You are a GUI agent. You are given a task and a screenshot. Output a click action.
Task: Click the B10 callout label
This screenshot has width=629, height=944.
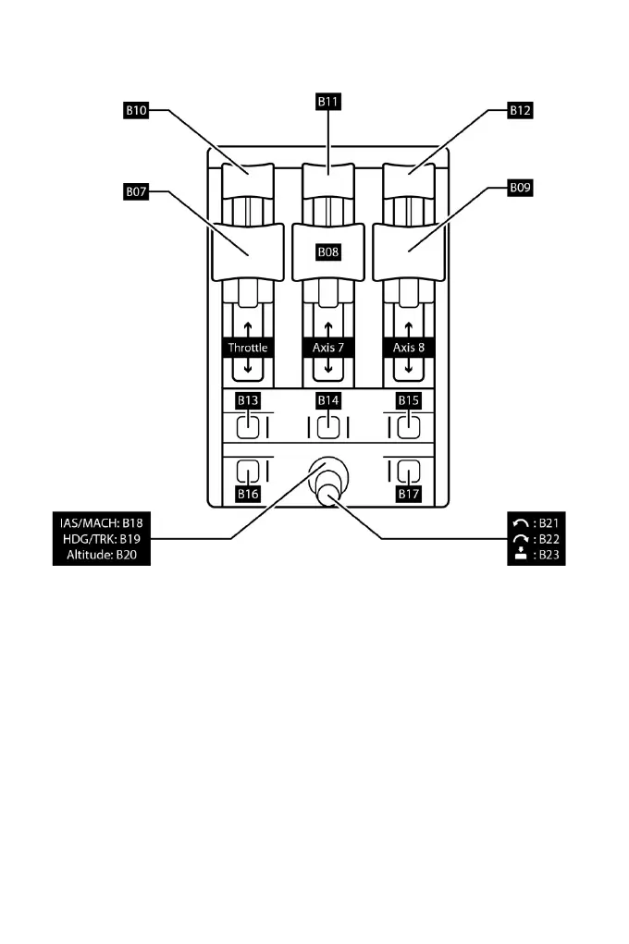(136, 109)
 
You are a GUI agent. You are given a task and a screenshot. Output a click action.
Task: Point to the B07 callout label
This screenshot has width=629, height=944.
(136, 192)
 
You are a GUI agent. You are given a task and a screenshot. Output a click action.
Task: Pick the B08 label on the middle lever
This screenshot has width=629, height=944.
(328, 251)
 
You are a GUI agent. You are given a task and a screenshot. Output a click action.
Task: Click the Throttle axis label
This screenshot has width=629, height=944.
(248, 348)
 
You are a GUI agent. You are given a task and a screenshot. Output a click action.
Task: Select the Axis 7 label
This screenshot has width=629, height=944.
(328, 348)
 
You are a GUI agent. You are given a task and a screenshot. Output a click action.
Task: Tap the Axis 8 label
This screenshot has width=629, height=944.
(409, 348)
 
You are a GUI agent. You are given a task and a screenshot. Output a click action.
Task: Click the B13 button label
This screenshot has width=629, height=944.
(247, 400)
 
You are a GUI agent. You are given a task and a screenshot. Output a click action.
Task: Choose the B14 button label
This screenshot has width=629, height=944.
(328, 400)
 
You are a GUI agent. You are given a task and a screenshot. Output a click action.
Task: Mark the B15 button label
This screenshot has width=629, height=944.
(409, 400)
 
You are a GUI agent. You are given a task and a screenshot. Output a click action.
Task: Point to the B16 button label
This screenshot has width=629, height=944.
(247, 495)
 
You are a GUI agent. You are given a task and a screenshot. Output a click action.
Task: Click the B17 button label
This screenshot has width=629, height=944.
(409, 495)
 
